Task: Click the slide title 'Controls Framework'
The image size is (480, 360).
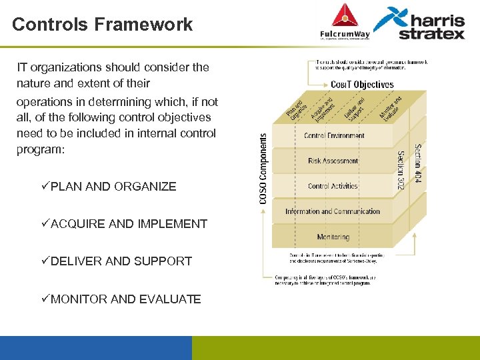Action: tap(102, 25)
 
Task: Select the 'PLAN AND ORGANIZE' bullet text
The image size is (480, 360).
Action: tap(113, 187)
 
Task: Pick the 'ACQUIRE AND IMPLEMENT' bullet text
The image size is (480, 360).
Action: tap(129, 224)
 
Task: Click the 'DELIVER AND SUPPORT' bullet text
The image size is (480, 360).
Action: tap(121, 261)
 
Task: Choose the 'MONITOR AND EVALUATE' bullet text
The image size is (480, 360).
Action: tap(125, 299)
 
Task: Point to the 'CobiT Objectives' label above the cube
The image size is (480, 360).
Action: tap(362, 85)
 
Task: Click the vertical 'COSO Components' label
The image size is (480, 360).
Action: tap(263, 168)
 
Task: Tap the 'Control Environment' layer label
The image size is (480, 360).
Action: tap(334, 136)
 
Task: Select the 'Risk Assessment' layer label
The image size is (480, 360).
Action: tap(333, 161)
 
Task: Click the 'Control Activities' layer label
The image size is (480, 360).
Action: tap(333, 186)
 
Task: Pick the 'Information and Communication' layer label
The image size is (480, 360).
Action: tap(333, 211)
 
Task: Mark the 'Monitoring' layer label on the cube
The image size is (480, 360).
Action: tap(333, 237)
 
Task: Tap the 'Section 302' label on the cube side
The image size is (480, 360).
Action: tap(401, 170)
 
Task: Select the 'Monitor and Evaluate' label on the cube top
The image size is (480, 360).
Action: tap(390, 107)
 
